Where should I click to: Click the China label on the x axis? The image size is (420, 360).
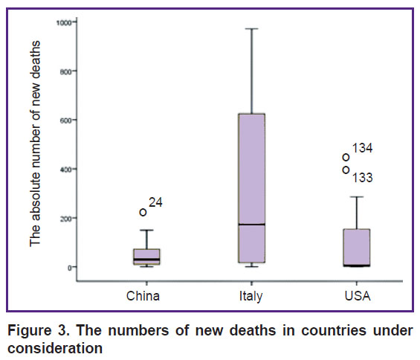[143, 296]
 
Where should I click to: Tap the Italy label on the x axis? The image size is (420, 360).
[251, 297]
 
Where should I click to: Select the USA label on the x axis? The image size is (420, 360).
[358, 296]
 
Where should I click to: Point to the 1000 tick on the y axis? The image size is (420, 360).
[64, 22]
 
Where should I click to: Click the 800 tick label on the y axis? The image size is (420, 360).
[65, 71]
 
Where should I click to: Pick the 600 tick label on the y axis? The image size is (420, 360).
[65, 120]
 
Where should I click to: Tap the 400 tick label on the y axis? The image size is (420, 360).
[65, 169]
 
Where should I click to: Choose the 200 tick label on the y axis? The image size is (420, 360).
[65, 218]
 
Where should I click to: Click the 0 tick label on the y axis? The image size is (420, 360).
[70, 267]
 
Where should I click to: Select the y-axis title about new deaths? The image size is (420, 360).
[35, 144]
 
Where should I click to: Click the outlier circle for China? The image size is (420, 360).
[143, 212]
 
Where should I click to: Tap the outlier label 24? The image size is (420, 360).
[155, 202]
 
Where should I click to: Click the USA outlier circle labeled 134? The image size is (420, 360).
[346, 157]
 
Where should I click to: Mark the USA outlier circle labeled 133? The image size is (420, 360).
[346, 170]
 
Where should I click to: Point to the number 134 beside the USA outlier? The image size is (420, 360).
[362, 148]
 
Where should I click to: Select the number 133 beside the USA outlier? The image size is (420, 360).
[362, 178]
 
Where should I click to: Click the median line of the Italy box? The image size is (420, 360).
[252, 224]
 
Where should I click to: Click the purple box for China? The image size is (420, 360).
[146, 257]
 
